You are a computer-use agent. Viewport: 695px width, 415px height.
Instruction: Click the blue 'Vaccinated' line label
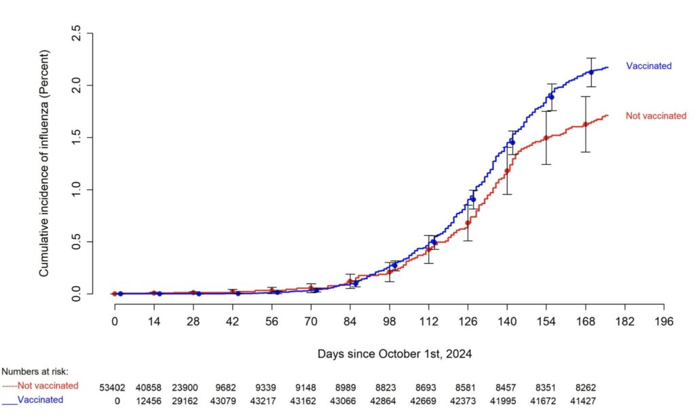point(648,66)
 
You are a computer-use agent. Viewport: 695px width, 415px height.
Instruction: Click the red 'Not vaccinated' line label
point(656,116)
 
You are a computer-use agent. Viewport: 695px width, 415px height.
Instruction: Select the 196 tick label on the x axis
point(664,321)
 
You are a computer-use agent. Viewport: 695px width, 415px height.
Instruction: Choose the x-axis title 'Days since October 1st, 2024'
point(394,354)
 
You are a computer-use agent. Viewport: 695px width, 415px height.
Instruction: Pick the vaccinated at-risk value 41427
point(585,400)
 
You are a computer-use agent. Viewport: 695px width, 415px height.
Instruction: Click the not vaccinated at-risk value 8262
point(585,386)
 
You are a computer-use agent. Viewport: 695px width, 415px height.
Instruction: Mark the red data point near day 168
point(585,124)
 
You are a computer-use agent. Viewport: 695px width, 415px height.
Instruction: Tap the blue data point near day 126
point(472,199)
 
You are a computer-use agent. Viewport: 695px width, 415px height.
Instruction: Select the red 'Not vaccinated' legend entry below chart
point(40,386)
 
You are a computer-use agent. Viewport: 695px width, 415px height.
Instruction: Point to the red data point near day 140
point(507,171)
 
